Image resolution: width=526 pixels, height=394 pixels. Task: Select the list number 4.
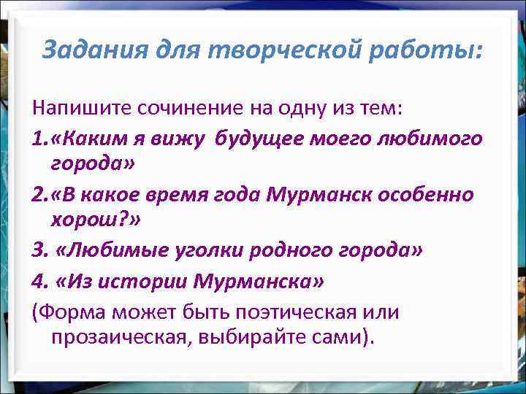tap(39, 281)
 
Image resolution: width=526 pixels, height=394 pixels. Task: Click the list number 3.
tap(39, 251)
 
